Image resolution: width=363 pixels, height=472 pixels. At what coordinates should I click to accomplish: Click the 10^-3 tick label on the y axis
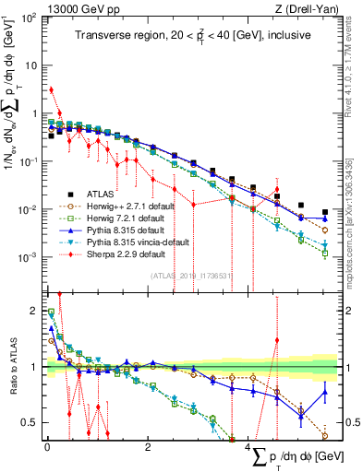(27, 256)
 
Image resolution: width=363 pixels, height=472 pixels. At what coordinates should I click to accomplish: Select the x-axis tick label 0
(47, 446)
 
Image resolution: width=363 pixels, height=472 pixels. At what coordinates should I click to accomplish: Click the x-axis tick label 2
(148, 446)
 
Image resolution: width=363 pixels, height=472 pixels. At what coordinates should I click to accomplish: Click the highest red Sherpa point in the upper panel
(51, 89)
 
